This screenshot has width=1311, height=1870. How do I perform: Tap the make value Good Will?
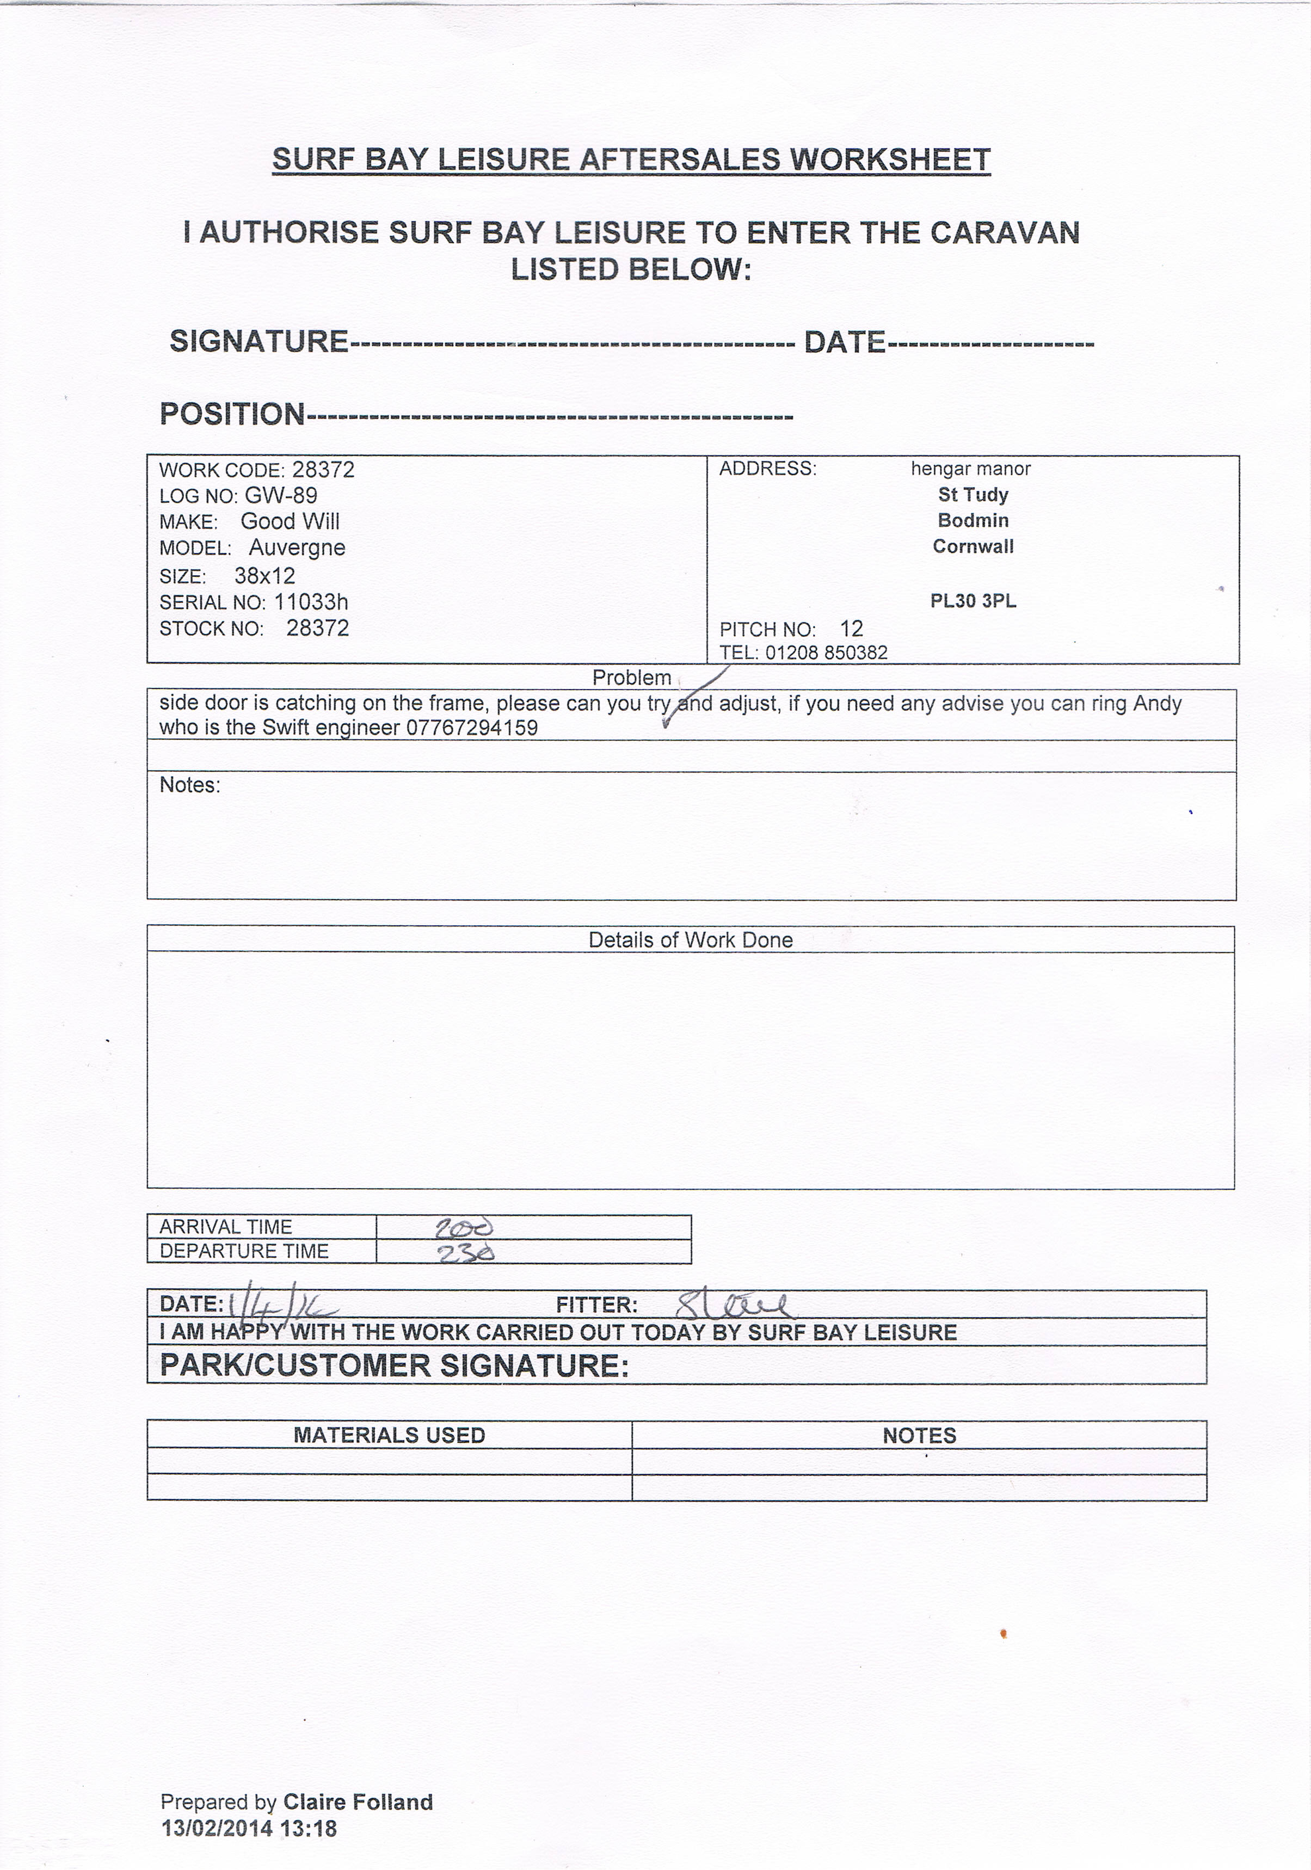[x=290, y=522]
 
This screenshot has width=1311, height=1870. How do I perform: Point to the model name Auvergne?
[x=297, y=548]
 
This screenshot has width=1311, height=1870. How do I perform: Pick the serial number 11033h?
[x=311, y=602]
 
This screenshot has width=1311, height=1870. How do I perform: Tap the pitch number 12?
[x=852, y=629]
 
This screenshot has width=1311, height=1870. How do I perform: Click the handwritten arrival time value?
[x=465, y=1227]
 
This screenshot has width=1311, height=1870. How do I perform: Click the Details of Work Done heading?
[x=691, y=940]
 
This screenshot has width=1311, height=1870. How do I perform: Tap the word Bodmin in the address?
[x=973, y=520]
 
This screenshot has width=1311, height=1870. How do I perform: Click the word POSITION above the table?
[x=232, y=415]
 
